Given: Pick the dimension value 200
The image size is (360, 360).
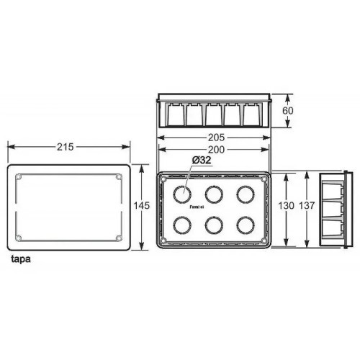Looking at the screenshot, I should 214,149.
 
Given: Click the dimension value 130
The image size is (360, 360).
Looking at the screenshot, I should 287,205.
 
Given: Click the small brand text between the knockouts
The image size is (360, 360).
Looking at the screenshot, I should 197,207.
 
